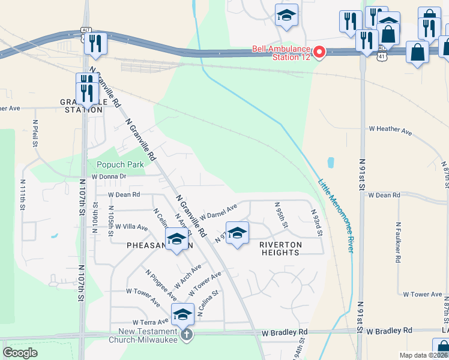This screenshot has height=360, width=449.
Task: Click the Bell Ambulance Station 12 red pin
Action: (319, 53)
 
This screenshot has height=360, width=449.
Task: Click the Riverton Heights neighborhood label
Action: (280, 248)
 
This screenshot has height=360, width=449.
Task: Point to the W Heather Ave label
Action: (390, 130)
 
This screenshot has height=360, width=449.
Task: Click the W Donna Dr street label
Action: (109, 176)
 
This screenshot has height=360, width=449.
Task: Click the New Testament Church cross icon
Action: (186, 334)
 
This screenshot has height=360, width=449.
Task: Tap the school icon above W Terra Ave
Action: (182, 314)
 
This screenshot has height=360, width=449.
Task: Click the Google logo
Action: (20, 353)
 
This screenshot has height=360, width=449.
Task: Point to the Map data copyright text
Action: (423, 355)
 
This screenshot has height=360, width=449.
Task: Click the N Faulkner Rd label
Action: (398, 242)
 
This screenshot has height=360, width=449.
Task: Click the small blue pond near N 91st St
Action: (331, 162)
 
